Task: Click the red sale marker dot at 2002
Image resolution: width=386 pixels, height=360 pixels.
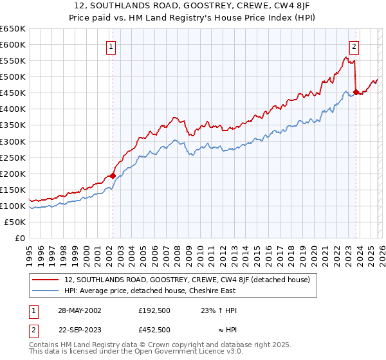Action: coord(113,175)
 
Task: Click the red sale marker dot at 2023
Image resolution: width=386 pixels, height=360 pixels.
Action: coord(355,92)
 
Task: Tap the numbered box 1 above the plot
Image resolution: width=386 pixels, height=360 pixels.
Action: coord(111,46)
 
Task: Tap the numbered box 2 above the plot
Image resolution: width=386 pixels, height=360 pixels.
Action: coord(354,46)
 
